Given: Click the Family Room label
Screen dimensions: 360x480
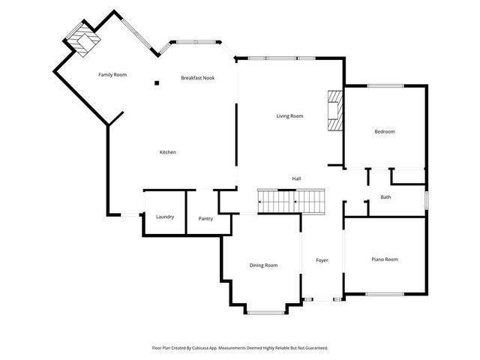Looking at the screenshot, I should click(112, 74).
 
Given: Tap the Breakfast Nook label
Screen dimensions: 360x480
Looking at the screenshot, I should click(198, 78).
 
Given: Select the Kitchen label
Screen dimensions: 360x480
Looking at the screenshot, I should click(167, 152).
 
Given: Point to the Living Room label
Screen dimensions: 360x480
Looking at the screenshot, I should click(289, 115).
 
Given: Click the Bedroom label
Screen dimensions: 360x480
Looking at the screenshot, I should click(384, 131).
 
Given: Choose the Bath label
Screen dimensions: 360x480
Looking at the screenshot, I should click(385, 197).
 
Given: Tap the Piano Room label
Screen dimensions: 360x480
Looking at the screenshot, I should click(385, 259).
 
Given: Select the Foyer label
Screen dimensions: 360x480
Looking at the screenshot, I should click(322, 260).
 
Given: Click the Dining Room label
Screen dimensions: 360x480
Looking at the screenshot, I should click(263, 265).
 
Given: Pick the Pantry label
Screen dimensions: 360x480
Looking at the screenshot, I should click(205, 218).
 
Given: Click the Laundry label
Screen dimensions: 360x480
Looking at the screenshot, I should click(165, 217).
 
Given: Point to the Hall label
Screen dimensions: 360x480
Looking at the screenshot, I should click(296, 178).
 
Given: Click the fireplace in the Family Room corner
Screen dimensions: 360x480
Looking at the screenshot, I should click(80, 40).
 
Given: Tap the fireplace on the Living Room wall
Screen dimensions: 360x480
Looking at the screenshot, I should click(334, 112).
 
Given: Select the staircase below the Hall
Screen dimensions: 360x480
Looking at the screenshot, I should click(293, 200).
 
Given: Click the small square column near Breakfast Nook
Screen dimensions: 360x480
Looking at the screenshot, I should click(157, 83).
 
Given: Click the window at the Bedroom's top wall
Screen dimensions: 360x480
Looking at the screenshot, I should click(385, 85).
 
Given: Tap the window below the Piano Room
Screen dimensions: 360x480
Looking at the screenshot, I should click(385, 294).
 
